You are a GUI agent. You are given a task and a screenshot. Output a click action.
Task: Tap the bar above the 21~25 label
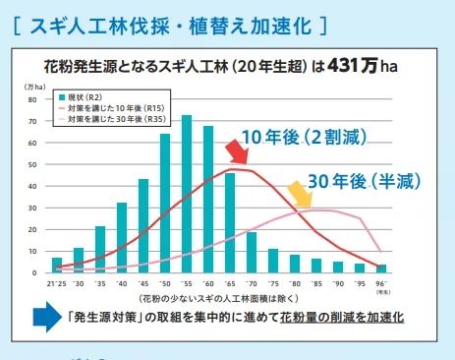(56, 265)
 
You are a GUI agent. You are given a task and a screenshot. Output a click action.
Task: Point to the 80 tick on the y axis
(32, 99)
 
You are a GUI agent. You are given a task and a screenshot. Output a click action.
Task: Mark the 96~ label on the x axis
(381, 283)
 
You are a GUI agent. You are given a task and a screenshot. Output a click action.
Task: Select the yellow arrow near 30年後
(294, 193)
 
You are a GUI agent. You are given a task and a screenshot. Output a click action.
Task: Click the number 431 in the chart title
(345, 69)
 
